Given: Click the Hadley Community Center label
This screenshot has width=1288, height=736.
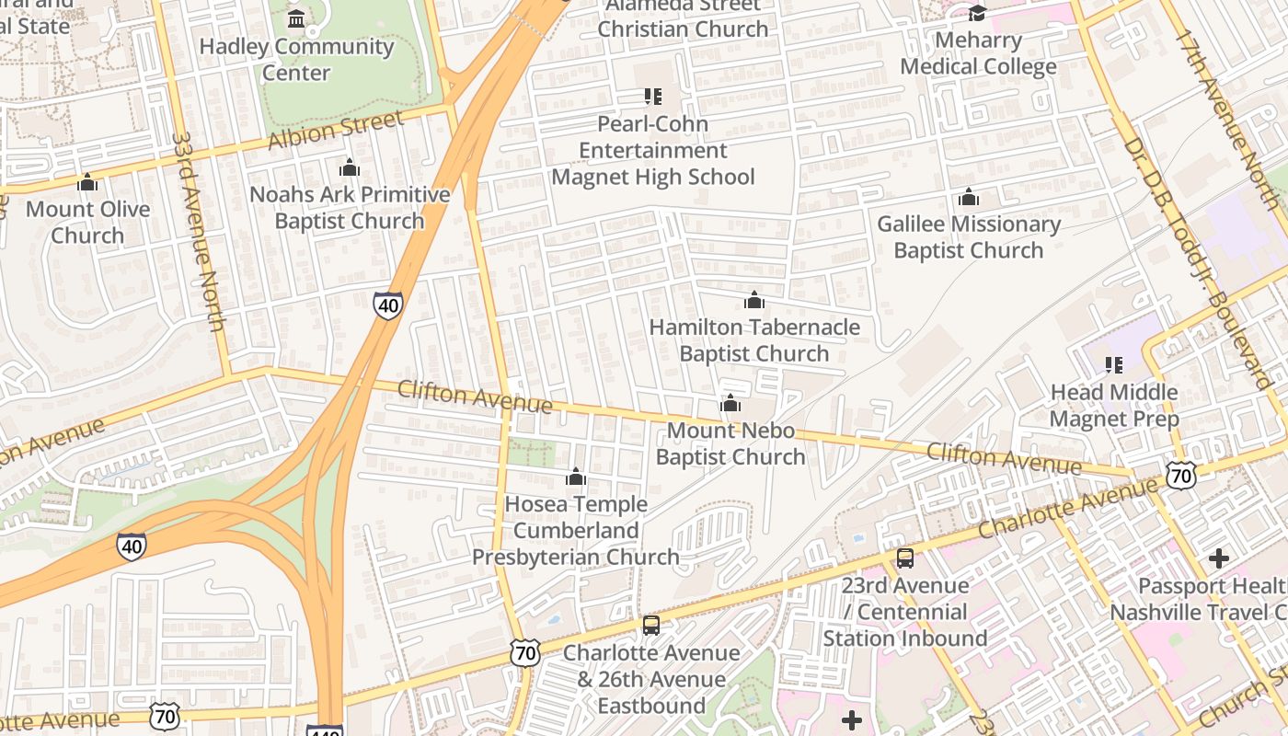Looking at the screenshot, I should pyautogui.click(x=296, y=59).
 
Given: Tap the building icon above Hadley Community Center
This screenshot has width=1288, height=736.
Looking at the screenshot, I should pyautogui.click(x=296, y=19).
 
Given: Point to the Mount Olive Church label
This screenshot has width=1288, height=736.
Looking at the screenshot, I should pyautogui.click(x=87, y=222).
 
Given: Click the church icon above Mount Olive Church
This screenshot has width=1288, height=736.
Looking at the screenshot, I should pyautogui.click(x=87, y=182).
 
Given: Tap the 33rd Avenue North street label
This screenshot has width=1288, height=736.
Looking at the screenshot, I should pyautogui.click(x=199, y=230).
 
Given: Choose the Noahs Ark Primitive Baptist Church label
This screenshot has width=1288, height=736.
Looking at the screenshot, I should pyautogui.click(x=350, y=207).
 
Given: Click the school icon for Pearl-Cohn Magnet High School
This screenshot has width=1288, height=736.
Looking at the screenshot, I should pyautogui.click(x=653, y=97).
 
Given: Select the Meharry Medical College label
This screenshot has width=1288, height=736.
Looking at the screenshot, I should pyautogui.click(x=978, y=53).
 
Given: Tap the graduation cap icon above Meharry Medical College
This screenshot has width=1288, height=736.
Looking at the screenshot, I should pyautogui.click(x=977, y=13).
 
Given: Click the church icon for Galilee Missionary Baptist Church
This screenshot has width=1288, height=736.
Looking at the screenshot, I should pyautogui.click(x=968, y=197).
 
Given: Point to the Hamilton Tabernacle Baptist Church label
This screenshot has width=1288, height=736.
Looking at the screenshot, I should pyautogui.click(x=754, y=339).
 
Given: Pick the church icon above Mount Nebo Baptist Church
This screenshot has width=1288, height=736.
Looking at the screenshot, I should pyautogui.click(x=730, y=403).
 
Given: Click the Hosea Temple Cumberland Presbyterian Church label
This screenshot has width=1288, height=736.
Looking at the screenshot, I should pyautogui.click(x=576, y=530).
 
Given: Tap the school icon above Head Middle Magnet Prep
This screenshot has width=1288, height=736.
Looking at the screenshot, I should pyautogui.click(x=1114, y=365).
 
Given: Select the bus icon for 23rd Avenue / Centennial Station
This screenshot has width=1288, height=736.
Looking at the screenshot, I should pyautogui.click(x=905, y=558).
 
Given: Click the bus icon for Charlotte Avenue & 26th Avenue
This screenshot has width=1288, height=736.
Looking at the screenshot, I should pyautogui.click(x=651, y=626).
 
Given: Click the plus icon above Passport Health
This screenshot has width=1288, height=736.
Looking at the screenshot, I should pyautogui.click(x=1219, y=558).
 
